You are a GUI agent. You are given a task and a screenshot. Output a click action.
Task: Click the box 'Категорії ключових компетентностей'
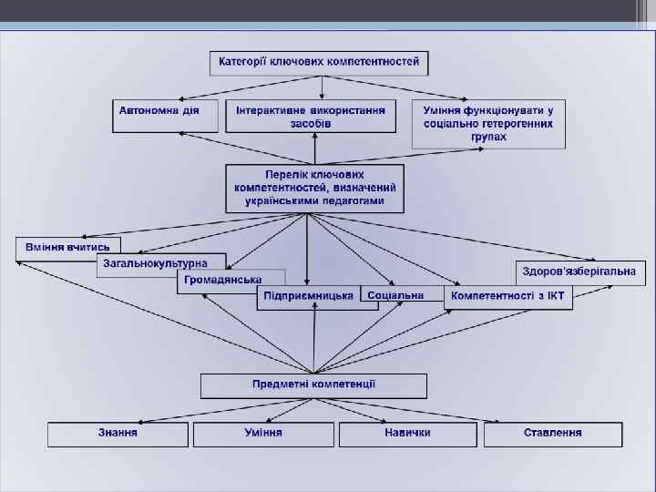319,63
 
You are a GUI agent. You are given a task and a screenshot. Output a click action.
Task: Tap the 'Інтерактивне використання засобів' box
311,116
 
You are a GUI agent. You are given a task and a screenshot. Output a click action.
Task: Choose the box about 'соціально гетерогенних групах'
488,123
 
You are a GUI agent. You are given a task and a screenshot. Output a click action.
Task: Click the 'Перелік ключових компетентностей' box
314,188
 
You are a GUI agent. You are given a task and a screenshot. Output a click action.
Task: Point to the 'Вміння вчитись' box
68,247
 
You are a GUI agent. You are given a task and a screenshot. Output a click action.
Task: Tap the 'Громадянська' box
223,280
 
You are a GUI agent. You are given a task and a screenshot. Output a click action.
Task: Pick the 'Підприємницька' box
308,297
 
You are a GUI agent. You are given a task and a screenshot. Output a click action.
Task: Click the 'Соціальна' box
396,295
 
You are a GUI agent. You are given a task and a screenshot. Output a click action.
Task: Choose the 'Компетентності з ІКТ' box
508,297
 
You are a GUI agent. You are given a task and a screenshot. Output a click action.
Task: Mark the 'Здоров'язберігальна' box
581,272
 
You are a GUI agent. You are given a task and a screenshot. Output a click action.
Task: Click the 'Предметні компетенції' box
313,385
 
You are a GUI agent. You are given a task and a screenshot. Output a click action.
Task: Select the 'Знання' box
118,434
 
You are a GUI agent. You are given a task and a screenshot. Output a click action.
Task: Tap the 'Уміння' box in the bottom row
263,434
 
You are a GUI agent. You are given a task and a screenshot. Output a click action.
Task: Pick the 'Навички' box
407,434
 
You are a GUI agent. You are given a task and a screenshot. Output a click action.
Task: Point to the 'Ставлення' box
552,434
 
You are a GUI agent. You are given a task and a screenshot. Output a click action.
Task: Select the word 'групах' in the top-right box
489,138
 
